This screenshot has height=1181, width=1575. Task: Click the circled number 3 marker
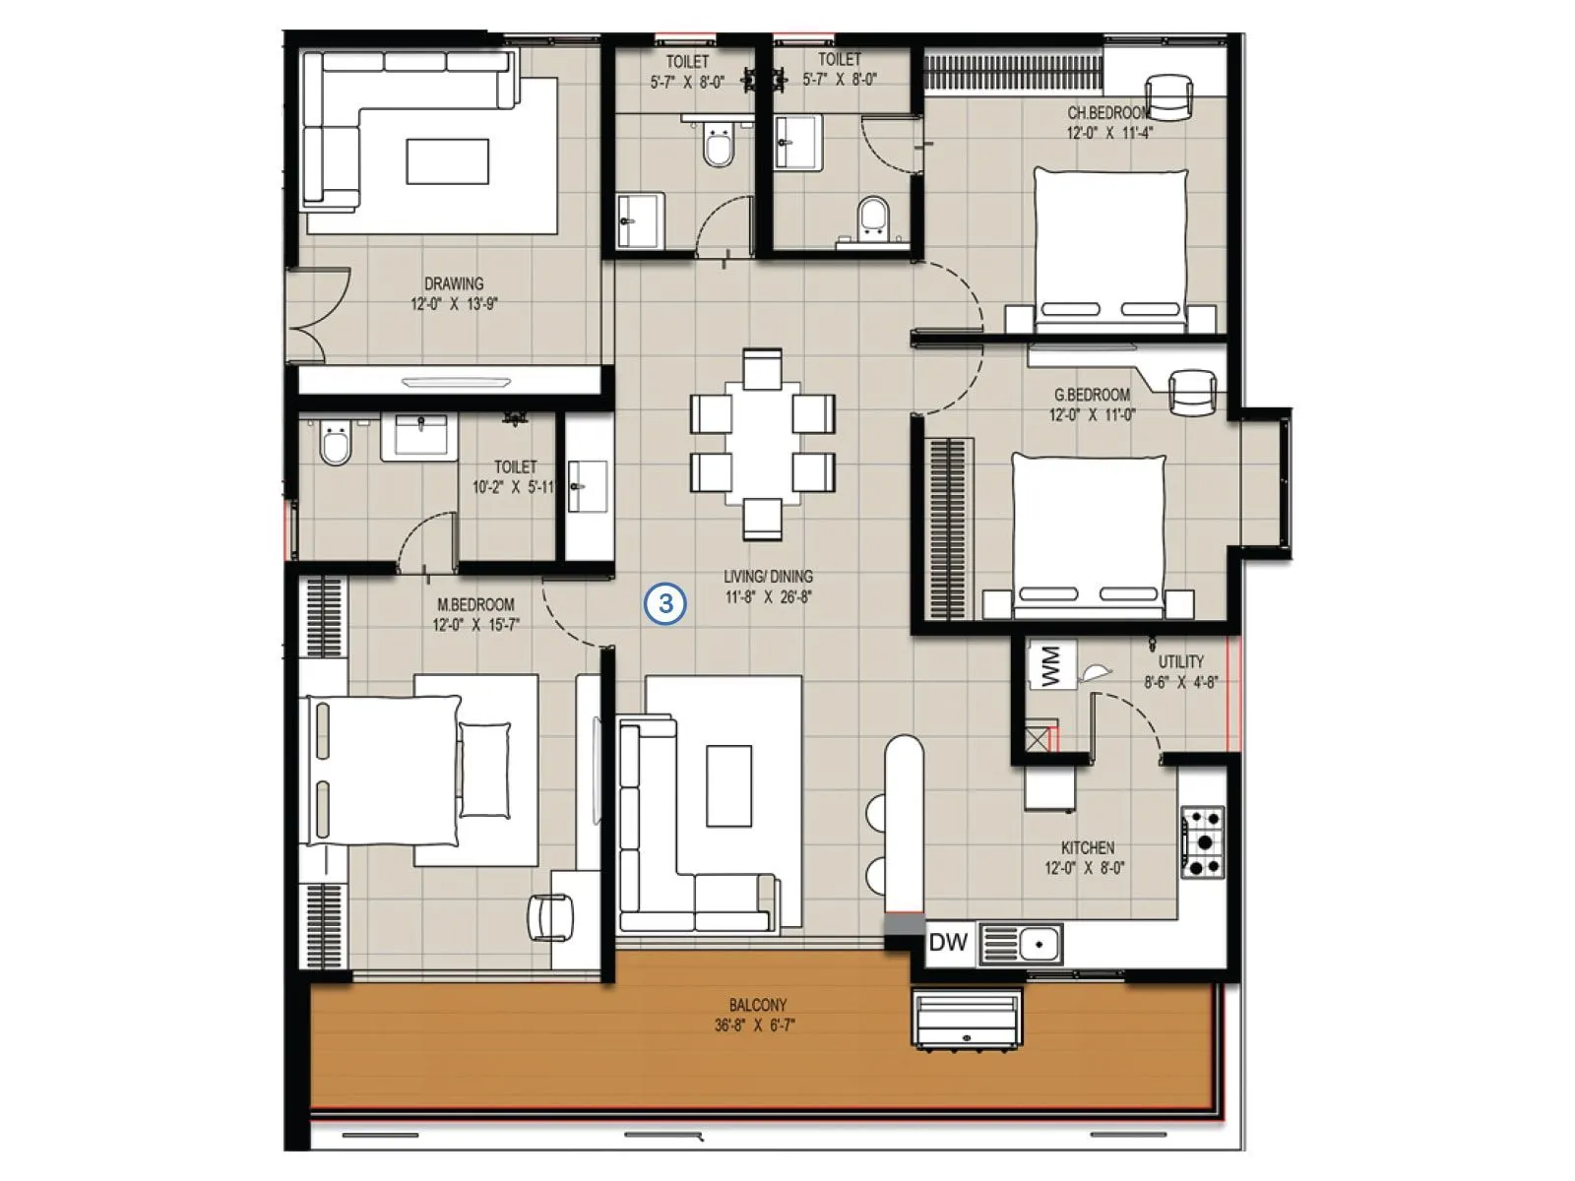[x=665, y=602]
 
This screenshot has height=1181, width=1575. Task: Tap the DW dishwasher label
[x=948, y=943]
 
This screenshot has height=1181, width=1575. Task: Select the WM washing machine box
[x=1050, y=665]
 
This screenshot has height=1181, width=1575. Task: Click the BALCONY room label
[x=757, y=1005]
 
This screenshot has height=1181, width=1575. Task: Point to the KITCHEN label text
[x=1087, y=847]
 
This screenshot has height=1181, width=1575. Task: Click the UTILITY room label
[x=1180, y=661]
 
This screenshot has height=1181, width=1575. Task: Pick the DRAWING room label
[x=454, y=283]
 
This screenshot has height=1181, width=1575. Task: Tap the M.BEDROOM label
[x=475, y=604]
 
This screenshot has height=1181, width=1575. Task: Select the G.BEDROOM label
[x=1092, y=395]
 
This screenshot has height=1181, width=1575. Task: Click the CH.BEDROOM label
[x=1108, y=112]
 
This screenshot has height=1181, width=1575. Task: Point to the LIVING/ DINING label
[x=768, y=577]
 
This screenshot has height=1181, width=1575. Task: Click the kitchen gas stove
[x=1202, y=842]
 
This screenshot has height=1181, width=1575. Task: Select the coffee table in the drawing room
[x=447, y=161]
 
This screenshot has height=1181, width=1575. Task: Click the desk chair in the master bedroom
[x=550, y=917]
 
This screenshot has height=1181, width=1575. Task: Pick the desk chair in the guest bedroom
[x=1192, y=392]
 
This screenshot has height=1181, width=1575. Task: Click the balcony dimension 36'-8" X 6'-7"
[x=755, y=1026]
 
